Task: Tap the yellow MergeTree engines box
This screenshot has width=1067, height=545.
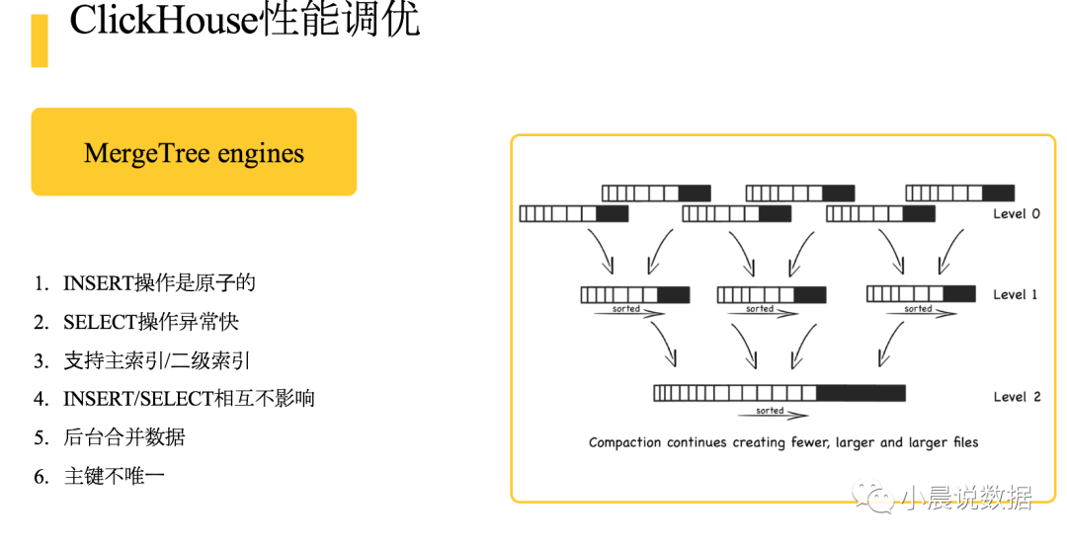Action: coord(194,152)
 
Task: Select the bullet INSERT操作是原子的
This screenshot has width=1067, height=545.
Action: coord(159,283)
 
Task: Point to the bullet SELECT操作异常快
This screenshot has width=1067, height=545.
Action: coord(151,322)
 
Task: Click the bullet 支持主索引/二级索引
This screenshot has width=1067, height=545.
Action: coord(164,360)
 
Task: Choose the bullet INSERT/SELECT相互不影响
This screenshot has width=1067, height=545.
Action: coord(189,399)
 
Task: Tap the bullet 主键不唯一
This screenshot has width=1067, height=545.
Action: coord(114,476)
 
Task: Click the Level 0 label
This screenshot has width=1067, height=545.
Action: coord(1017,213)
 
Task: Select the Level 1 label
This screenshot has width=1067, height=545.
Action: coord(1017,294)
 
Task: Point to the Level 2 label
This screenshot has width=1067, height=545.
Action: coord(1017,397)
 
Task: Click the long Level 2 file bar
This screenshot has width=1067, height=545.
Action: coord(780,393)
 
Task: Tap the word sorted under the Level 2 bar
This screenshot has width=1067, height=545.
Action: coord(770,411)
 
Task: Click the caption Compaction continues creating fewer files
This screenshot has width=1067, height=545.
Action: coord(783,442)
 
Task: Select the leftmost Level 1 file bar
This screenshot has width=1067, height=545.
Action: coord(635,294)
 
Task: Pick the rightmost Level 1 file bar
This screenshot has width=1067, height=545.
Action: coord(921,294)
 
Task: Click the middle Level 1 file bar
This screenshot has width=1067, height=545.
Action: coord(772,294)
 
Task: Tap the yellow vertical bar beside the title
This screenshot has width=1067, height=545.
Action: coord(40,40)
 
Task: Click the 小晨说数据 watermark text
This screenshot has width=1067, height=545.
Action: coord(967,499)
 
